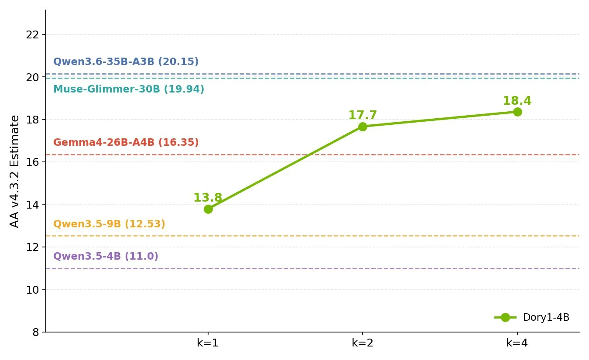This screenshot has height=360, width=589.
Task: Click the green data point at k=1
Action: tap(208, 209)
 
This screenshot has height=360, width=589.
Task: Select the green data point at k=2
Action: tap(363, 127)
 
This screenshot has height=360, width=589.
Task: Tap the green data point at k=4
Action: tap(517, 112)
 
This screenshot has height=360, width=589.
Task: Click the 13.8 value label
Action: tap(208, 198)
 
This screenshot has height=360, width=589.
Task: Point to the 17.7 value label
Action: tap(363, 115)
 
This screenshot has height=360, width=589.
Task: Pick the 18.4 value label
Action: tap(517, 101)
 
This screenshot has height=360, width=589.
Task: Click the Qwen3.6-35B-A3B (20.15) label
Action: tap(126, 62)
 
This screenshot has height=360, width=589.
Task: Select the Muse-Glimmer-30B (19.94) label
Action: tap(129, 89)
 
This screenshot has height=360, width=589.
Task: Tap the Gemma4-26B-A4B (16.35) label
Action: tap(126, 142)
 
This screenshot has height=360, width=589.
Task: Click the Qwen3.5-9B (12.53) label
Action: tap(109, 224)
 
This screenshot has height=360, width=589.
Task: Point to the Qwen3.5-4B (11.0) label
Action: tap(106, 256)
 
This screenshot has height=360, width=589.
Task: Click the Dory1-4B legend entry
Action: tap(532, 317)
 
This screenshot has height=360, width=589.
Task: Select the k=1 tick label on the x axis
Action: tap(208, 343)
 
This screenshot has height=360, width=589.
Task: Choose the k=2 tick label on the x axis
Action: tap(363, 343)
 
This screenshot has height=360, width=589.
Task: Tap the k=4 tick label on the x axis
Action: tap(517, 343)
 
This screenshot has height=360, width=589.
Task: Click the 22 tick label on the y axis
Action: tap(32, 35)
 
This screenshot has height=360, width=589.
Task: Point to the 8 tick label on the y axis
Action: tap(36, 333)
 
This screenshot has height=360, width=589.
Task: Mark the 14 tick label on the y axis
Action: tap(32, 205)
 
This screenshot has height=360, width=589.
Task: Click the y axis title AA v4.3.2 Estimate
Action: tap(14, 171)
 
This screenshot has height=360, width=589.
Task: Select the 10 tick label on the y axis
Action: tap(32, 290)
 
